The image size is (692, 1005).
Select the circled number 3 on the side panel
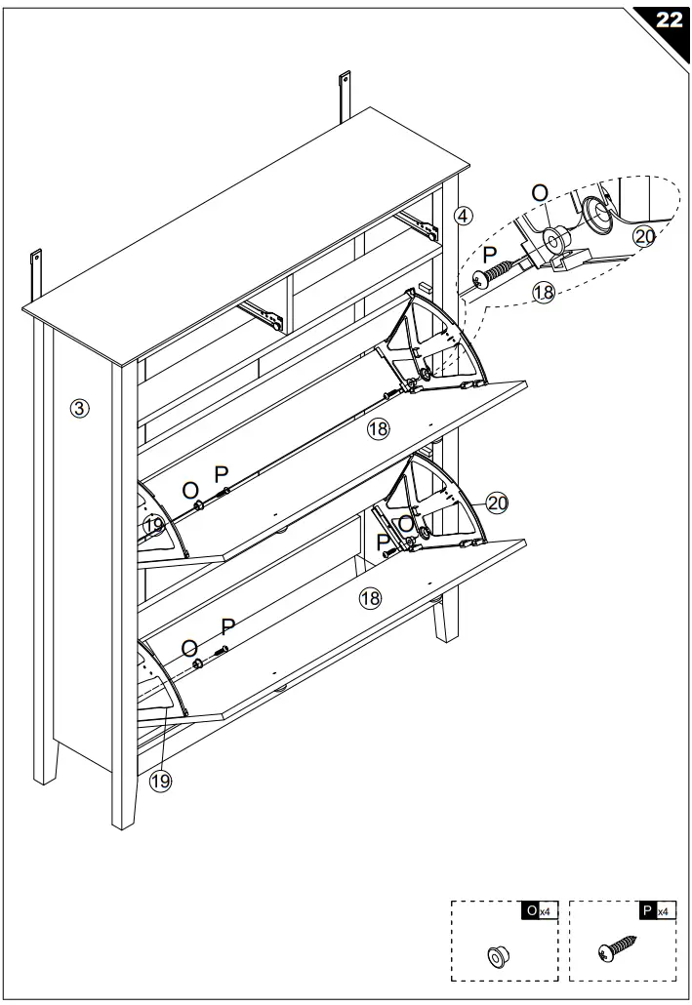(x=81, y=409)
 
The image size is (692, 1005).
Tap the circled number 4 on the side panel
(x=464, y=215)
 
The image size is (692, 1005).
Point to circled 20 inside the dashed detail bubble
(x=644, y=235)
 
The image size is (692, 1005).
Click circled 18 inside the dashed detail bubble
(x=544, y=291)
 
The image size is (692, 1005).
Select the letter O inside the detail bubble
(x=539, y=193)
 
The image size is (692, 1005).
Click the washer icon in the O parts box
(x=497, y=953)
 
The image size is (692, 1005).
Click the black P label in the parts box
(x=647, y=909)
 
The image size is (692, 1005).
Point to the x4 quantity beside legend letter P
(x=664, y=910)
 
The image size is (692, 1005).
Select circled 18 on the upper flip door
(x=378, y=427)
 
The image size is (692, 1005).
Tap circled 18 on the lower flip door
(x=370, y=598)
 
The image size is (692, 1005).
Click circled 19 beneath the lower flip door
(x=160, y=781)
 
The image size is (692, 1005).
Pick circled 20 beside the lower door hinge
(x=498, y=503)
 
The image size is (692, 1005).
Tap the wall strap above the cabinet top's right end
(x=345, y=95)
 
